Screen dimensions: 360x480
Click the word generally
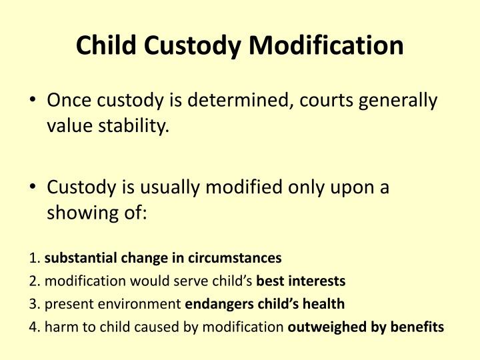(400, 101)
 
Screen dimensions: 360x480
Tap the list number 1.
(35, 257)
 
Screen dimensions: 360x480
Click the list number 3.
(35, 304)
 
